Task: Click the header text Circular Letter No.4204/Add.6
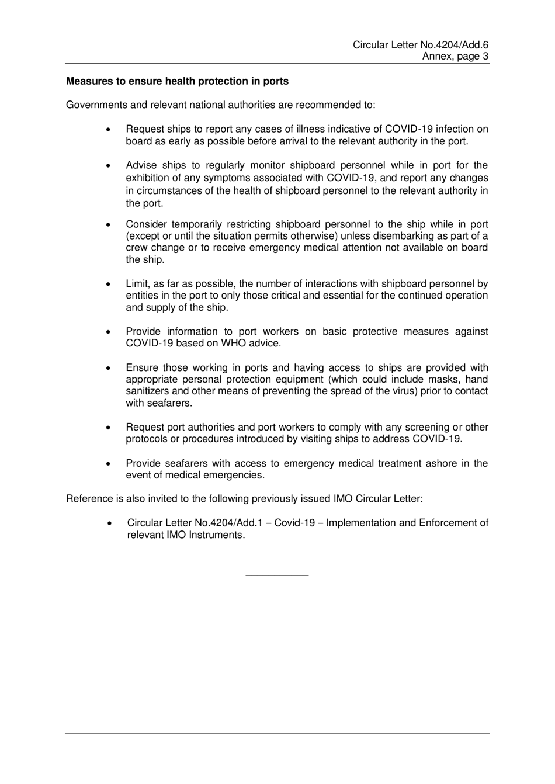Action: tap(420, 45)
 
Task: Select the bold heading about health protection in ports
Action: tap(177, 81)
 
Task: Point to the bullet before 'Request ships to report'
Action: tap(109, 129)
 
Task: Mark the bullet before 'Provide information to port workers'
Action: tap(109, 332)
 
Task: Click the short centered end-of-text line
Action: tap(277, 576)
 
